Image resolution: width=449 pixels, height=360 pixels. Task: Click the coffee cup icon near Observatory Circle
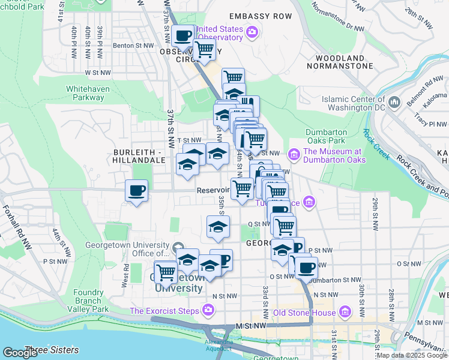[182, 35]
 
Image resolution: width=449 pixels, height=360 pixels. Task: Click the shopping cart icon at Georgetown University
[166, 272]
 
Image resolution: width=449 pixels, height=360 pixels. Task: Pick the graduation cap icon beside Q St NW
[218, 226]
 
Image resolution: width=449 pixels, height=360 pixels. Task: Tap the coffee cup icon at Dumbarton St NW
[306, 268]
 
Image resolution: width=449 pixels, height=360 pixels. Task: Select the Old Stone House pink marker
[345, 312]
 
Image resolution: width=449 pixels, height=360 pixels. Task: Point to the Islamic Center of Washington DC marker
[394, 103]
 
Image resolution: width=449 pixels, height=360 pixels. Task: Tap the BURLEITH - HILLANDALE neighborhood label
[139, 157]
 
